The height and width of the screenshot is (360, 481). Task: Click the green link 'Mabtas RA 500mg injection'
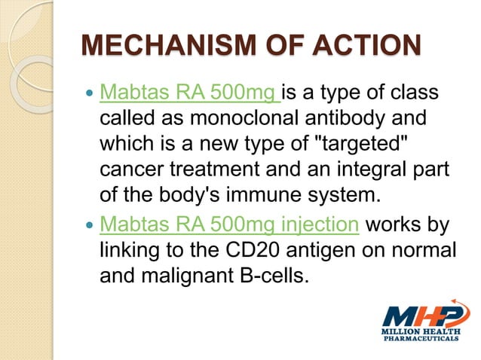(227, 224)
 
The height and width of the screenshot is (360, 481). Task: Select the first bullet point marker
(89, 97)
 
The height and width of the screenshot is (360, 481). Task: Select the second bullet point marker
(89, 225)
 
